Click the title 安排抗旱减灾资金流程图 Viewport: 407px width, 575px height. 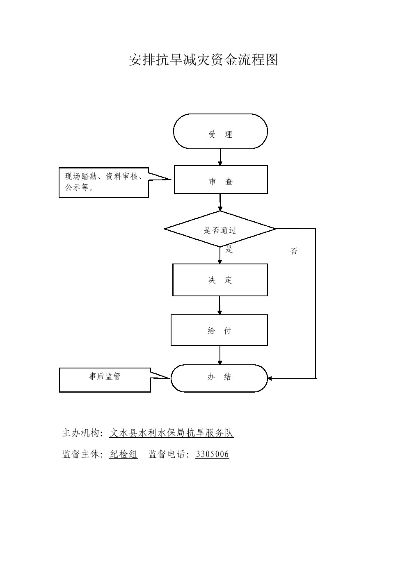coord(203,60)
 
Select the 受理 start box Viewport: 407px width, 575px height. coord(220,132)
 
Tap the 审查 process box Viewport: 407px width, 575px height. coord(221,180)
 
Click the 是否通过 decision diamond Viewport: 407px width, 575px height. coord(220,229)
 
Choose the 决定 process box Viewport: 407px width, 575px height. coord(220,280)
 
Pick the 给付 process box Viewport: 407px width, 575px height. coord(220,330)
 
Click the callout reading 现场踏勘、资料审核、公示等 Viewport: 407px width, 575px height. coord(104,183)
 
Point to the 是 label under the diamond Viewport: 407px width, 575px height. coord(229,250)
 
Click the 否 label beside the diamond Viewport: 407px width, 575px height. coord(294,251)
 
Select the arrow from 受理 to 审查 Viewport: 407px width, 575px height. coord(220,157)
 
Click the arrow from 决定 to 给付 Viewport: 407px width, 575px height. coord(220,305)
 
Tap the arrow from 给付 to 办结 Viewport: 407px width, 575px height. coord(220,355)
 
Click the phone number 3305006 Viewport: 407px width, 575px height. coord(212,454)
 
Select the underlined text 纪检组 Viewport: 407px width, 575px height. coord(123,454)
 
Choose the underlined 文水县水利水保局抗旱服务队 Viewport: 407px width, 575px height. coord(171,433)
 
